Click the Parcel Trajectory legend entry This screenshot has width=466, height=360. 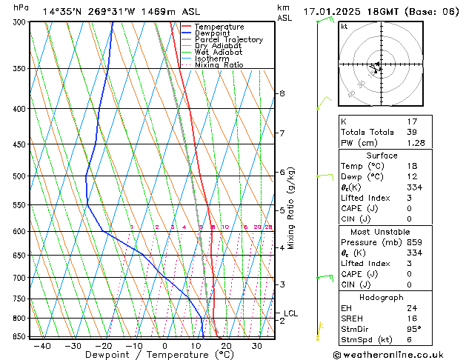click(x=228, y=40)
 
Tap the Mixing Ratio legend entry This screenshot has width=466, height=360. click(x=219, y=65)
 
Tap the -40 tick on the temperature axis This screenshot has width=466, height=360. click(x=42, y=346)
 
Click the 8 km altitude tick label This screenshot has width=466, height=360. click(x=282, y=93)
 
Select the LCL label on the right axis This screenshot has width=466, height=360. click(x=290, y=313)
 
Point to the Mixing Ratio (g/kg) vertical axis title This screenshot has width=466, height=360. click(x=291, y=208)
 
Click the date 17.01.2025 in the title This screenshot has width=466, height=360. click(x=333, y=12)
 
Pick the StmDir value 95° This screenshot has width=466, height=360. click(x=413, y=329)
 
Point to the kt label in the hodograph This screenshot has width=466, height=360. click(x=344, y=26)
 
